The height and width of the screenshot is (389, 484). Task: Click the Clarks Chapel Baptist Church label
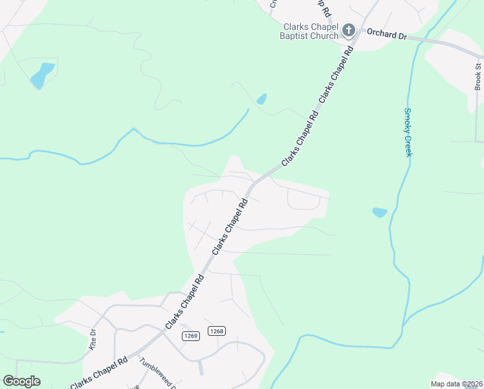pyautogui.click(x=311, y=31)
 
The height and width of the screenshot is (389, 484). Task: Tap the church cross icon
pyautogui.click(x=349, y=30)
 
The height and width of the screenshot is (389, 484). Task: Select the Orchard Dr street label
pyautogui.click(x=386, y=33)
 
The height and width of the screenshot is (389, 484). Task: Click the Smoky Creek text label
pyautogui.click(x=408, y=132)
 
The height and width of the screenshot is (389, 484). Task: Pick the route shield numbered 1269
pyautogui.click(x=190, y=335)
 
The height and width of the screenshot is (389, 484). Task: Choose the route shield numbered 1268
pyautogui.click(x=217, y=331)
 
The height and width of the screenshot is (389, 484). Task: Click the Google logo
pyautogui.click(x=21, y=381)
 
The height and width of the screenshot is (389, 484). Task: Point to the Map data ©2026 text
pyautogui.click(x=456, y=384)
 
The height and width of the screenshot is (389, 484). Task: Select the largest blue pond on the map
pyautogui.click(x=43, y=75)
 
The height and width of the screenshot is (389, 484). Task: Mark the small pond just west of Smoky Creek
pyautogui.click(x=380, y=212)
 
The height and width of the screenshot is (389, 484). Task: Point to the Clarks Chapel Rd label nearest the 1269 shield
pyautogui.click(x=184, y=301)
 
